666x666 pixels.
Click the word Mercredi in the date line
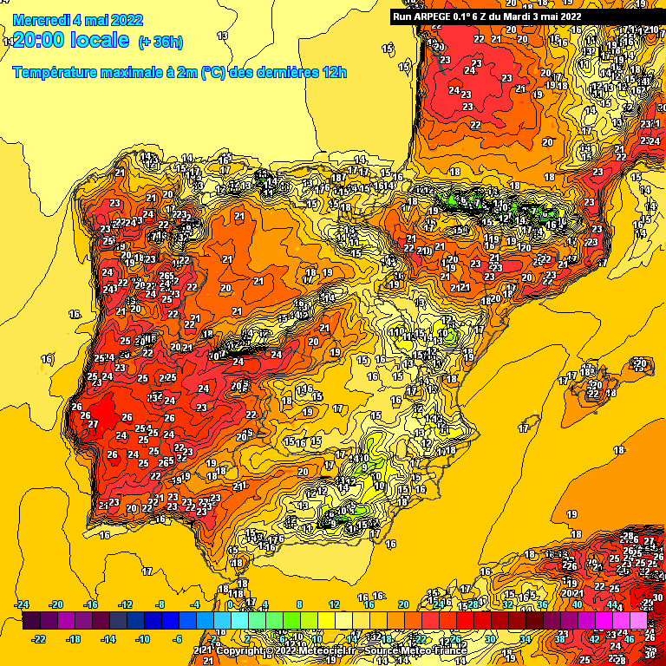(42, 20)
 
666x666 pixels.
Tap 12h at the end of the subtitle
(334, 72)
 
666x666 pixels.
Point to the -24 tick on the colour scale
(23, 604)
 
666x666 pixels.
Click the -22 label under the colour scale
(39, 639)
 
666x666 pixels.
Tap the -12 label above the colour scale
(126, 604)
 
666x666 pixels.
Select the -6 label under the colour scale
(178, 639)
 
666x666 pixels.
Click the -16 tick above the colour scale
(91, 604)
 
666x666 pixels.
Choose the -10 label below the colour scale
(143, 639)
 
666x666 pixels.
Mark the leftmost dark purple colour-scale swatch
(31, 621)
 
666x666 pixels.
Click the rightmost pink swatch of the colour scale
(638, 621)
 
